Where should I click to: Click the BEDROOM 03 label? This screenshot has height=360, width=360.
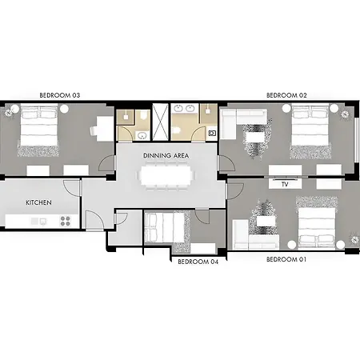click(x=60, y=95)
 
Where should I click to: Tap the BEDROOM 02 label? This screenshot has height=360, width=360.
click(x=286, y=95)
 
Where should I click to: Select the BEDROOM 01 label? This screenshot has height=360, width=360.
click(x=286, y=259)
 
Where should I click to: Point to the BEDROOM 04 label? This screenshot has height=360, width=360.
click(x=198, y=262)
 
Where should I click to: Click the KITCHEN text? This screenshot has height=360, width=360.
click(x=38, y=202)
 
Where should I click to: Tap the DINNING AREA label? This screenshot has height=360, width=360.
click(x=166, y=155)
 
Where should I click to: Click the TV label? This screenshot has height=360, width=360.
click(x=285, y=184)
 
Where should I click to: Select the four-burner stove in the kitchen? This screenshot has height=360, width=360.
click(x=66, y=221)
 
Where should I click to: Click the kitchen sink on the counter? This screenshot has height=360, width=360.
click(x=43, y=222)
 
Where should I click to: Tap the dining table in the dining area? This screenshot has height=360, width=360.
click(x=166, y=175)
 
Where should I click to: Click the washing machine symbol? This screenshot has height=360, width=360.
click(x=212, y=133)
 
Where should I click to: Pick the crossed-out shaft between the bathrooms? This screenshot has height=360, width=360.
click(x=160, y=122)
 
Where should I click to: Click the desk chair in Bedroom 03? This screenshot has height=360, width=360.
click(x=94, y=130)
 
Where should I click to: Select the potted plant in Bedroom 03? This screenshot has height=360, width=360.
click(x=9, y=113)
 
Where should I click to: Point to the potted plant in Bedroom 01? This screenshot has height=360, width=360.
click(x=354, y=240)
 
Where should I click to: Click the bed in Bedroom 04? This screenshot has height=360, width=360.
click(x=165, y=227)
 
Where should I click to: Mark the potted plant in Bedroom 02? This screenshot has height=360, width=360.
click(x=345, y=114)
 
